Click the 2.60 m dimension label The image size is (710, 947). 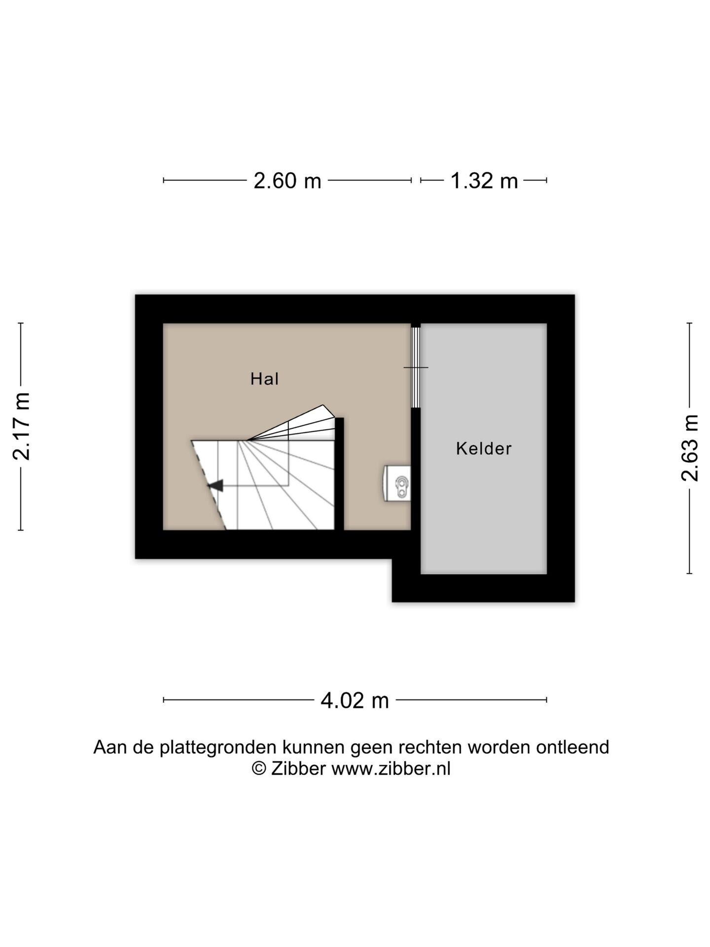coord(287,181)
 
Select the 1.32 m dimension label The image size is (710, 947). coord(484,181)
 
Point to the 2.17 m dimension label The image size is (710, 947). coord(22,427)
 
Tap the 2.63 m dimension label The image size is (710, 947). coord(690,448)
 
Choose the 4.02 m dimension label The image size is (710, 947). coord(355,700)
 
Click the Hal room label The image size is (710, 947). coord(265,379)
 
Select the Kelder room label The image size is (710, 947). coord(484,448)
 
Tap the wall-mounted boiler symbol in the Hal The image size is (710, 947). coord(397,483)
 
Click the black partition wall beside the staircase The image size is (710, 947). coord(339,473)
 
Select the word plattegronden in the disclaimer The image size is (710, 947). coord(218,748)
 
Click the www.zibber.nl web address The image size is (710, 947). coord(391,769)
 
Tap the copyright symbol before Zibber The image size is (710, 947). coord(259,769)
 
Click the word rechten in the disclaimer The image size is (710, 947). coord(430,748)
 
